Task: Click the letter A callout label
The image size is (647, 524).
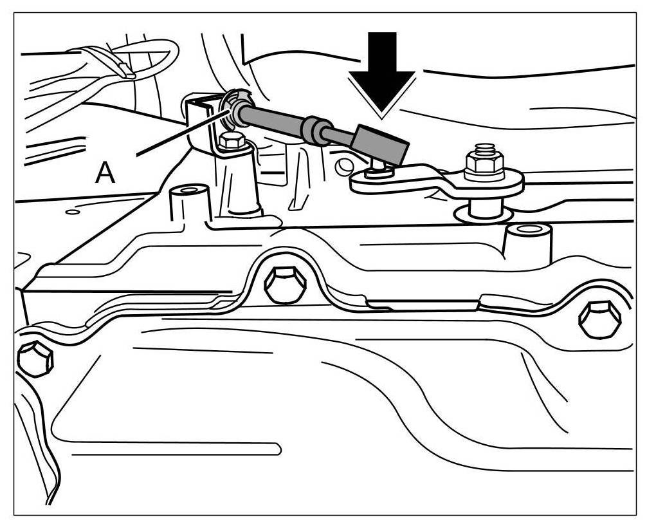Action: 105,173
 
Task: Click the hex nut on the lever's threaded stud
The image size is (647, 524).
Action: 484,167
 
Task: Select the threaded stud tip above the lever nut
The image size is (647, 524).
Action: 485,150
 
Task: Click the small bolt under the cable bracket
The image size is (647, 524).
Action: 230,141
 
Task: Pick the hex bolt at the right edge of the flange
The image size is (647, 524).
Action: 599,317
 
